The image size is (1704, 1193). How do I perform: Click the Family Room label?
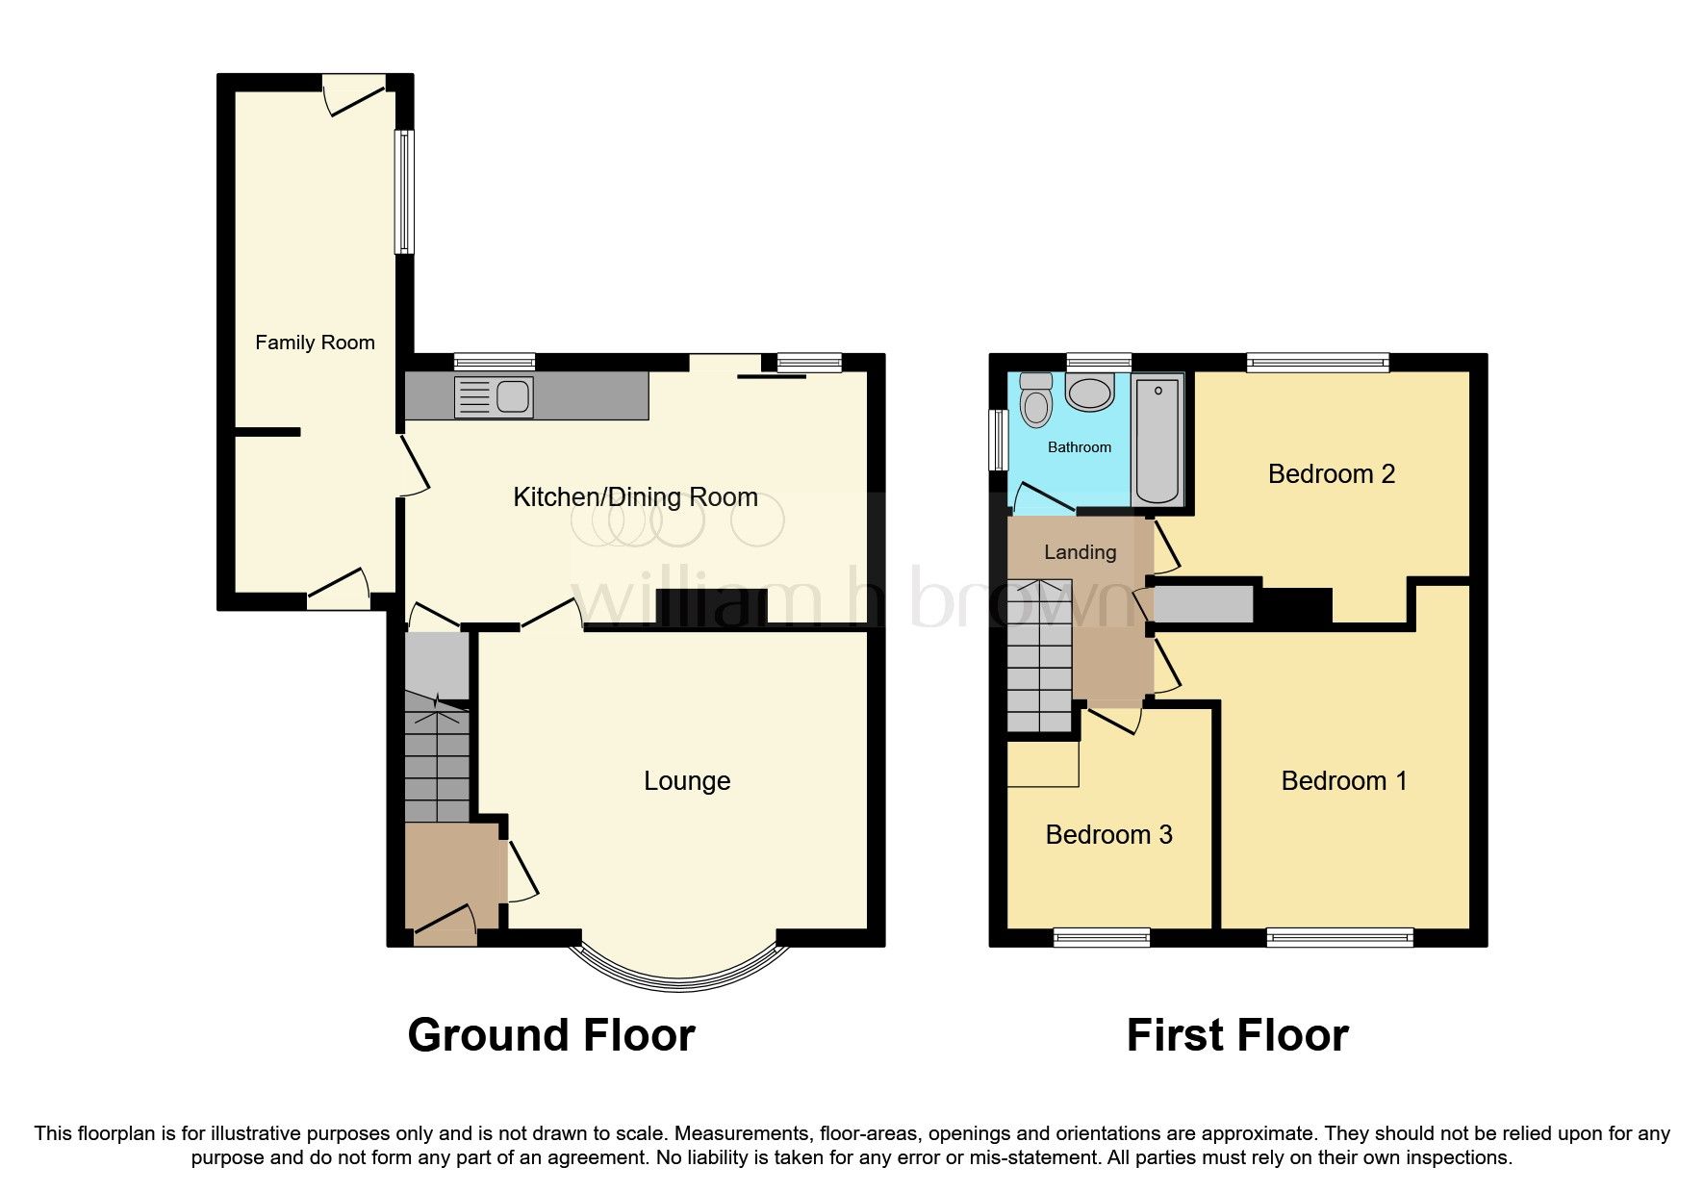(x=315, y=343)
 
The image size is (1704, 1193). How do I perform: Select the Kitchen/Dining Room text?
(x=635, y=497)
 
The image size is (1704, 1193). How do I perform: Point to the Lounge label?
(x=687, y=780)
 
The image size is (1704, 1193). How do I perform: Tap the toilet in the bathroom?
(x=1036, y=400)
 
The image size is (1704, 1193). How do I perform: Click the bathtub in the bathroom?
(x=1157, y=441)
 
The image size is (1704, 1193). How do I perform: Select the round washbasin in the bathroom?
(x=1090, y=393)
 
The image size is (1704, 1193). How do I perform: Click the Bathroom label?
(x=1079, y=447)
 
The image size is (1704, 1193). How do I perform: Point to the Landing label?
(x=1080, y=552)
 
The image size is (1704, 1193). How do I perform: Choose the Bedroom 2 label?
(x=1331, y=473)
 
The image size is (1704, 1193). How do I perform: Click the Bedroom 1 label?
(x=1343, y=780)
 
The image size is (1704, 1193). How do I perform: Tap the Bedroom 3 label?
(x=1108, y=834)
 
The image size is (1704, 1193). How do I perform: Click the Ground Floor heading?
(x=550, y=1035)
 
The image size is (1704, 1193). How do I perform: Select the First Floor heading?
(x=1237, y=1035)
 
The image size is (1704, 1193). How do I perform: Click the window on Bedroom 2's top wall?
(x=1318, y=363)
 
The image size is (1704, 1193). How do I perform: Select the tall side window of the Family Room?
(x=405, y=192)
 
